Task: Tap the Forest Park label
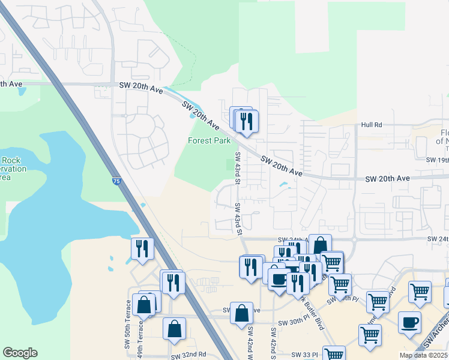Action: pos(209,142)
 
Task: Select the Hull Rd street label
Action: pos(372,125)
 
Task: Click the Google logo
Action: pos(20,353)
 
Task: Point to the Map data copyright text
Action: pos(423,355)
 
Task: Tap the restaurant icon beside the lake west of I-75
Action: pos(142,248)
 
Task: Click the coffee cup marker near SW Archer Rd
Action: pos(410,322)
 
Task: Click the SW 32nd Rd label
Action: pos(188,356)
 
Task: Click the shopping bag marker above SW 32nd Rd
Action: pos(174,329)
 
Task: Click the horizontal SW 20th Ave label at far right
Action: pos(387,179)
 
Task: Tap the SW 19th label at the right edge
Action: pos(437,160)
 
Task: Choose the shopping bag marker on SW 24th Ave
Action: pos(320,245)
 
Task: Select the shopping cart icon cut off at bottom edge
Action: pos(334,354)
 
